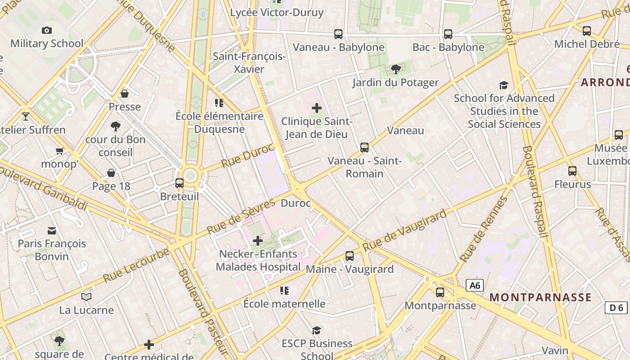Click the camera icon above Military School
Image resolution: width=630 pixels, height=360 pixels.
pos(46,31)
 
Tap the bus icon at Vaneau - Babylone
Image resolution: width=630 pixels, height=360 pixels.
pos(338,34)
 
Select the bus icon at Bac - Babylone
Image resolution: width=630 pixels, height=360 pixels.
pos(448,34)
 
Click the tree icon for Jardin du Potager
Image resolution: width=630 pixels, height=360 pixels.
pos(396,69)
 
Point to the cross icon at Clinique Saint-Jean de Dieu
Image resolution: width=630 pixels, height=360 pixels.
pos(317,108)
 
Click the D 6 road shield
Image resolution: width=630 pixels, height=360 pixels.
pos(616,308)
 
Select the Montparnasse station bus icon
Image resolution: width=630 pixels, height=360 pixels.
pos(440,292)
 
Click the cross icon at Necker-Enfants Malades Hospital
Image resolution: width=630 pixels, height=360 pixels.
pos(258,241)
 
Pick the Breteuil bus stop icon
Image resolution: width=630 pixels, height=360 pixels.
pos(180,183)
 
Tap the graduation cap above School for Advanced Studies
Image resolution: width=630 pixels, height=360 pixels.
pos(504,85)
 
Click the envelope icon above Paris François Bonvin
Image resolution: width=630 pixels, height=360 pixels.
pos(52,231)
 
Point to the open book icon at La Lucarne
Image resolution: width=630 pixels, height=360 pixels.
pos(86,297)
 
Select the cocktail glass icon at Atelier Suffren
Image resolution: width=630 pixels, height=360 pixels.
pos(25,117)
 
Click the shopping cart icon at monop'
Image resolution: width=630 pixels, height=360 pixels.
pos(59,151)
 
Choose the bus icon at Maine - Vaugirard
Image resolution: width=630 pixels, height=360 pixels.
pos(350,256)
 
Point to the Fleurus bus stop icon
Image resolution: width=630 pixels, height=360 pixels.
pos(572,171)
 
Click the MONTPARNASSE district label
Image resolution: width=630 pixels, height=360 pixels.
pos(540,297)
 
